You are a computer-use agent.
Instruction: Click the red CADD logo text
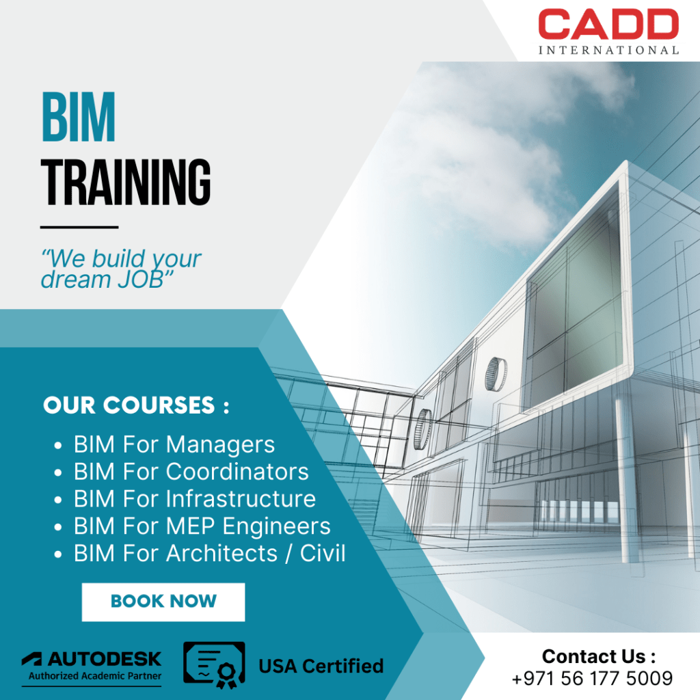point(608,25)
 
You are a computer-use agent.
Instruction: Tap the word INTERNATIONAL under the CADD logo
point(608,50)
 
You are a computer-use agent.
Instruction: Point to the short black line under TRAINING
point(79,227)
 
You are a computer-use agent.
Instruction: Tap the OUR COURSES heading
point(136,405)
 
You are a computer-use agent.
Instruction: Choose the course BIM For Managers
point(174,445)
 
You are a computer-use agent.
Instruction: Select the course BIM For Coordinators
point(191,472)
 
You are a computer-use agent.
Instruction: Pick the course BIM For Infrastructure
point(195,499)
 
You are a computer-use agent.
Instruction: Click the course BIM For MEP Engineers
point(202,526)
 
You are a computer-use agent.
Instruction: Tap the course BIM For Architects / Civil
point(209,553)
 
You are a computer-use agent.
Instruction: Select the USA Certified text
point(321,666)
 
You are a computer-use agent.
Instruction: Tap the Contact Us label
point(599,657)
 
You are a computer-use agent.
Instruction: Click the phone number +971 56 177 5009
point(592,679)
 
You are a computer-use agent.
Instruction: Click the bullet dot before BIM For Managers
point(59,446)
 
